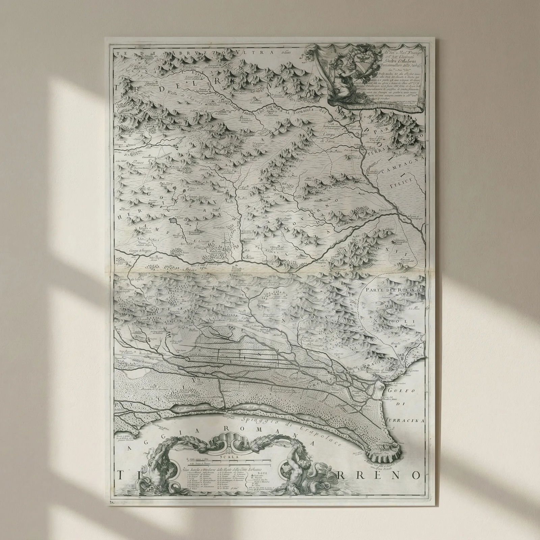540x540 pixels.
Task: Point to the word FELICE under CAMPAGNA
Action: click(x=402, y=181)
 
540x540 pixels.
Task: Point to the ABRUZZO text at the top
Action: click(x=189, y=52)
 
